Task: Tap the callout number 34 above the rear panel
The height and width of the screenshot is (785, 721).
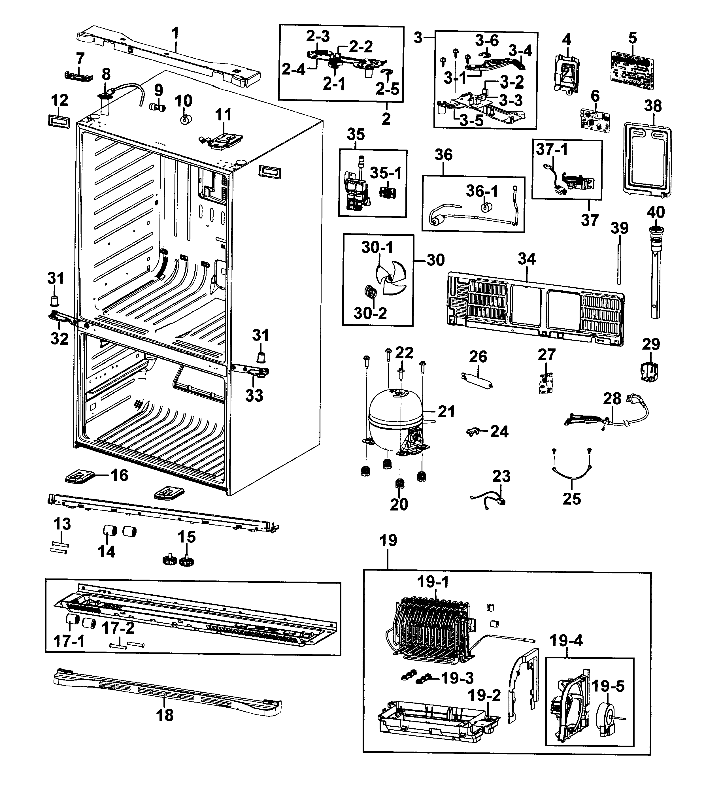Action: (x=527, y=259)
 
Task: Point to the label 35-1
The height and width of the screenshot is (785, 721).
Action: (x=386, y=173)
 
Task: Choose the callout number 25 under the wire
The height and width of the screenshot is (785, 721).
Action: (x=572, y=499)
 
